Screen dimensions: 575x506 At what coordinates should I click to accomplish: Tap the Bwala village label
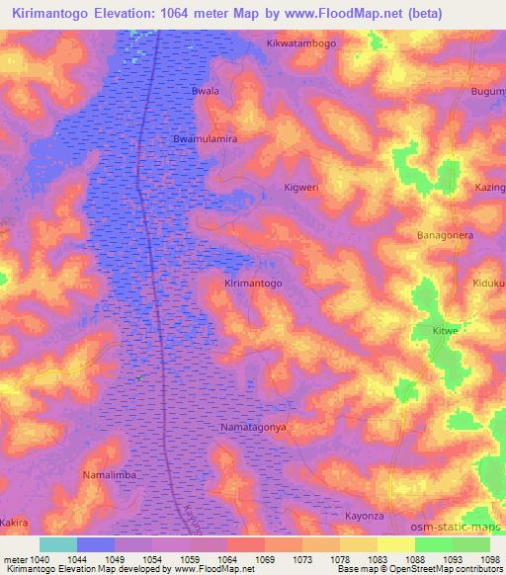coord(205,91)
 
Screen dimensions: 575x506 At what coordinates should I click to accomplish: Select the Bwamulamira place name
coord(206,139)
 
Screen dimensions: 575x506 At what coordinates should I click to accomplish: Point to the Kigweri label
coord(301,186)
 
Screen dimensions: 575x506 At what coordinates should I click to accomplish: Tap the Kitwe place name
coord(446,330)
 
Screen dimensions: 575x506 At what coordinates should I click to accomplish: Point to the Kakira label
coord(15,520)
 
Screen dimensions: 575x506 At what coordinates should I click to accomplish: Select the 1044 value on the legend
coord(76,559)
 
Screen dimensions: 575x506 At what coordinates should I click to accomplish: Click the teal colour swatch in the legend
coord(57,544)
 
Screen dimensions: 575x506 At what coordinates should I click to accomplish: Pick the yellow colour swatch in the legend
coord(395,544)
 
